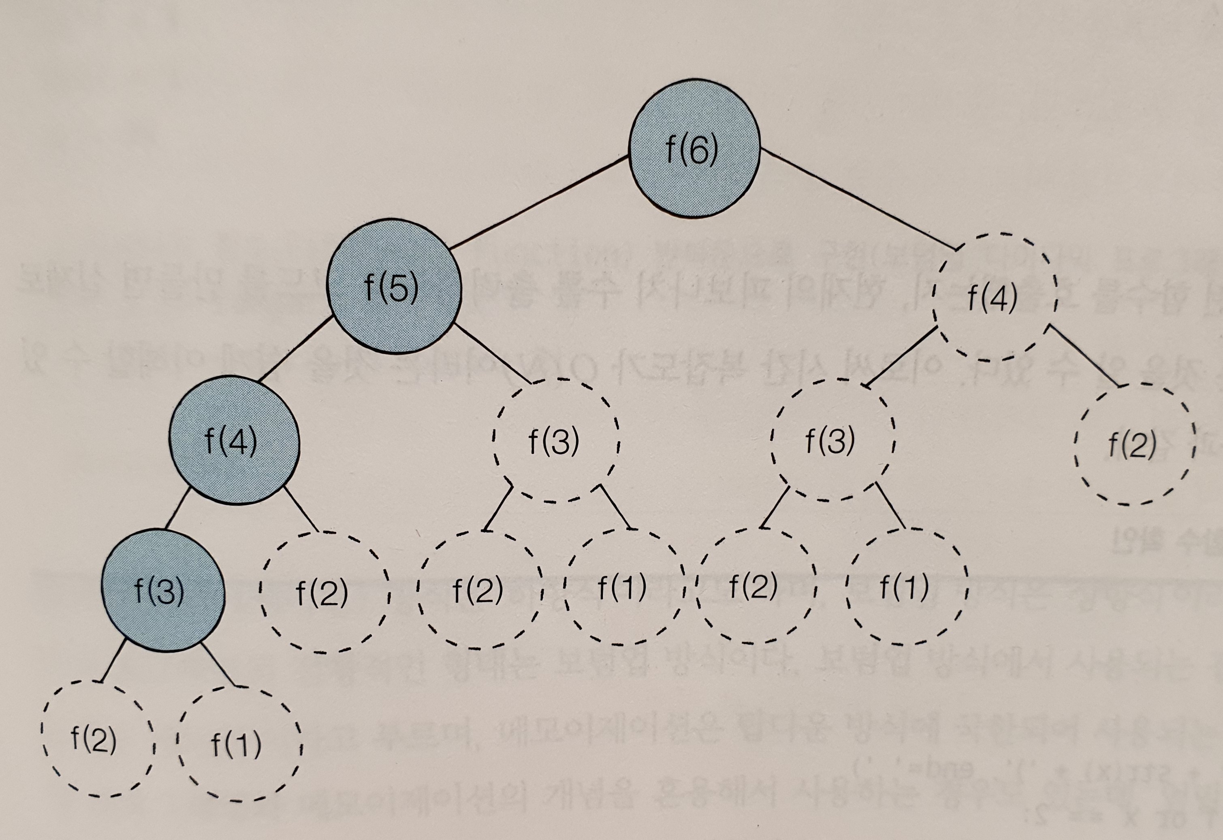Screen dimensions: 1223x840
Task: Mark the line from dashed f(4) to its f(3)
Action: click(901, 357)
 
